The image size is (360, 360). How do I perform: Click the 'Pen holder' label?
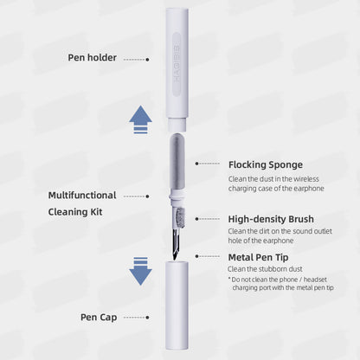93,58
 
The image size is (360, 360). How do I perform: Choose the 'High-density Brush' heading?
270,219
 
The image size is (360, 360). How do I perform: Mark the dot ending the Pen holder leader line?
147,59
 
